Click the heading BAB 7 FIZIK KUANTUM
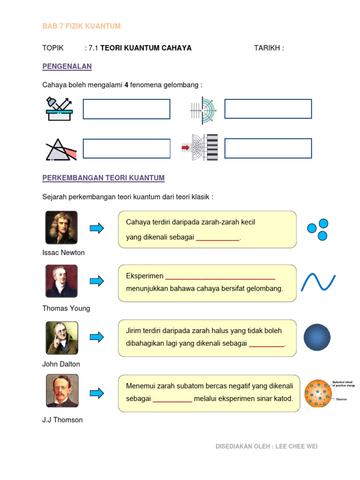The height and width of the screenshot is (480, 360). pos(82,26)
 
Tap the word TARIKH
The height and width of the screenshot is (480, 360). pos(267,48)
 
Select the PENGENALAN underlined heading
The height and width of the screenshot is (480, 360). pos(67,67)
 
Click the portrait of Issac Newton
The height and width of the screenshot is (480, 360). pos(61,227)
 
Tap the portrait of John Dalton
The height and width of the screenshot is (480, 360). pos(61,337)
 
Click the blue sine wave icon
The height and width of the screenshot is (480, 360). pos(318,282)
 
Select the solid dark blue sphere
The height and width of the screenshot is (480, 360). pos(317,337)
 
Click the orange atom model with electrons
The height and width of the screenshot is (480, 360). pos(318,393)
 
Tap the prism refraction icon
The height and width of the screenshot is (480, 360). pos(60,149)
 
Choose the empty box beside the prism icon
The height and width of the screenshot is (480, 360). pos(127,149)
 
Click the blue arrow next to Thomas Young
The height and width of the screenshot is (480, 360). pos(97,281)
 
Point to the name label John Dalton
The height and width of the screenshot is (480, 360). pos(61,364)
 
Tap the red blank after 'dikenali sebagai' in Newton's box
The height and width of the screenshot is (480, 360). pos(217,238)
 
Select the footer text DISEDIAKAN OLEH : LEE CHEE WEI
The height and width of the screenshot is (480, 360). pos(266,447)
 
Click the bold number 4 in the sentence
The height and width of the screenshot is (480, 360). pos(126,85)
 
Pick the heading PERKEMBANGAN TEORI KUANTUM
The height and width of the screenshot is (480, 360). pos(103,178)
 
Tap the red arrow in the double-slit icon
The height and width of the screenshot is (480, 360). pos(185,148)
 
